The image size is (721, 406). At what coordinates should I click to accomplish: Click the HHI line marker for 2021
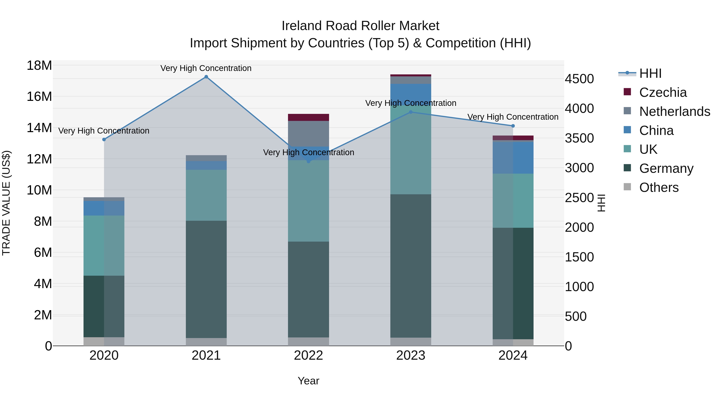click(206, 77)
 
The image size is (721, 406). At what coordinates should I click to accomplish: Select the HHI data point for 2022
click(308, 161)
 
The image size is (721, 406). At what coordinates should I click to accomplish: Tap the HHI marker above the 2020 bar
click(104, 140)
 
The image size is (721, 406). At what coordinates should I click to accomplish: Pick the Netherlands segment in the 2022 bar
click(308, 134)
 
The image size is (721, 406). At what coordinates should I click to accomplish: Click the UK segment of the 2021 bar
click(206, 195)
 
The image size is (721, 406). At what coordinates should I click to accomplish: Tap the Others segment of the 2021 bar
click(206, 342)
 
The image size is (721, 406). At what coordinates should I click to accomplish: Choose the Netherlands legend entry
click(675, 111)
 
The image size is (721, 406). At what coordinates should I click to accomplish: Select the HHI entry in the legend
click(650, 73)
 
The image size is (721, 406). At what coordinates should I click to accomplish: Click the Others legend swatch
click(627, 187)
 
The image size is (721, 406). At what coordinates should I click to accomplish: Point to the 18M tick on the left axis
click(39, 66)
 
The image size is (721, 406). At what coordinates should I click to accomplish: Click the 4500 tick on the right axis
click(579, 79)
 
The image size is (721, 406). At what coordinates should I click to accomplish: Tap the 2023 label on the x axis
click(411, 355)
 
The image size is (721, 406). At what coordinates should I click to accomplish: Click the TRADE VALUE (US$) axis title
click(6, 203)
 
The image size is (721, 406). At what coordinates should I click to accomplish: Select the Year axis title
click(308, 381)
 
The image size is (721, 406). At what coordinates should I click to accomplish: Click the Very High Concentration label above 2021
click(206, 68)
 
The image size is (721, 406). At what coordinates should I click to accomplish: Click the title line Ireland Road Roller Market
click(360, 26)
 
